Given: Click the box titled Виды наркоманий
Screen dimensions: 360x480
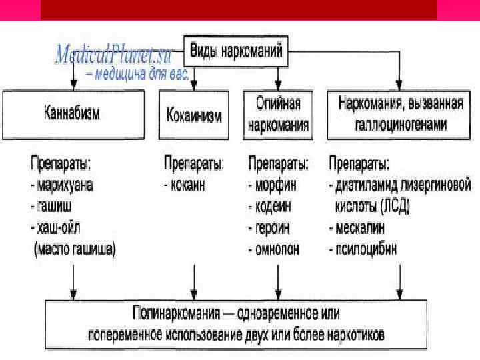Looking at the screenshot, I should tap(236, 51).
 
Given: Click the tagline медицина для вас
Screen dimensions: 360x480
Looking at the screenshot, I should tap(138, 75).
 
